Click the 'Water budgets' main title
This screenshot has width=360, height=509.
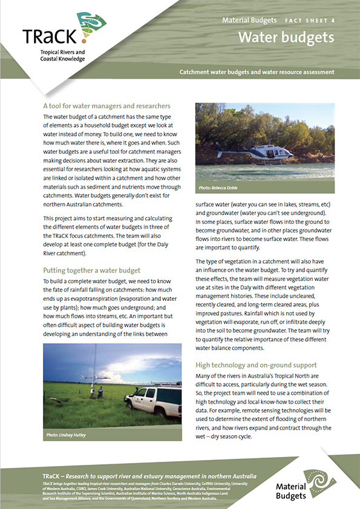click(286, 38)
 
